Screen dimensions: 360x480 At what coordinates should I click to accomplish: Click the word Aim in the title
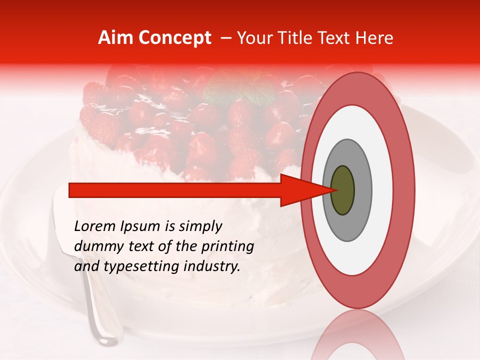[115, 38]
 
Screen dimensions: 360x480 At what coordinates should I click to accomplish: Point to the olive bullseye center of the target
[342, 190]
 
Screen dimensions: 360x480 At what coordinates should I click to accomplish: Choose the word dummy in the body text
[94, 246]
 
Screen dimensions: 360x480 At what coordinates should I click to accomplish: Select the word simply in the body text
[197, 227]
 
